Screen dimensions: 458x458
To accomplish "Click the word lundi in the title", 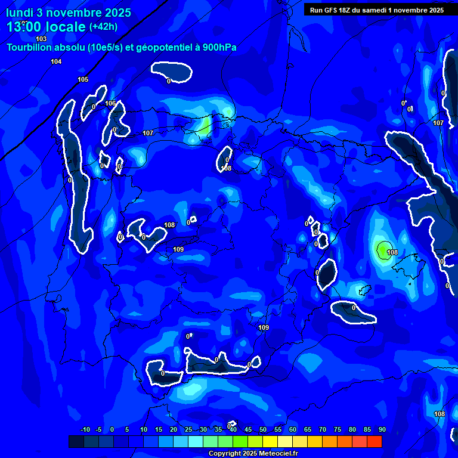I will (x=20, y=13).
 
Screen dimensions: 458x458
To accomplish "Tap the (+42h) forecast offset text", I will (x=103, y=27).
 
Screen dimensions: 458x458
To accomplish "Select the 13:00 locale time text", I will (x=46, y=27).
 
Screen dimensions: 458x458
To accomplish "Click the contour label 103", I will (x=41, y=39).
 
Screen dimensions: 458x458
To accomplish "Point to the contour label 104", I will (x=56, y=62).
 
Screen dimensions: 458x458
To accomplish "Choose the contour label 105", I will (x=83, y=79).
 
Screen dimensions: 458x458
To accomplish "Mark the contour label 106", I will (x=110, y=103).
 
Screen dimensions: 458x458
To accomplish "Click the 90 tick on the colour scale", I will (x=382, y=430).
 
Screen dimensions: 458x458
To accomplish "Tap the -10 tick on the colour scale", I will (x=85, y=430).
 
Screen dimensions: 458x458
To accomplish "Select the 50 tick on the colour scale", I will (x=263, y=430).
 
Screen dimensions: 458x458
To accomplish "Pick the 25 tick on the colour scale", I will (x=188, y=430).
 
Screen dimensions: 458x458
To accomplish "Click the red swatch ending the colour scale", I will (x=374, y=442).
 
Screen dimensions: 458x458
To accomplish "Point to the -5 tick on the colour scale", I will (x=98, y=430).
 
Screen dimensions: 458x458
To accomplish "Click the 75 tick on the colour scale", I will (x=338, y=430).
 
